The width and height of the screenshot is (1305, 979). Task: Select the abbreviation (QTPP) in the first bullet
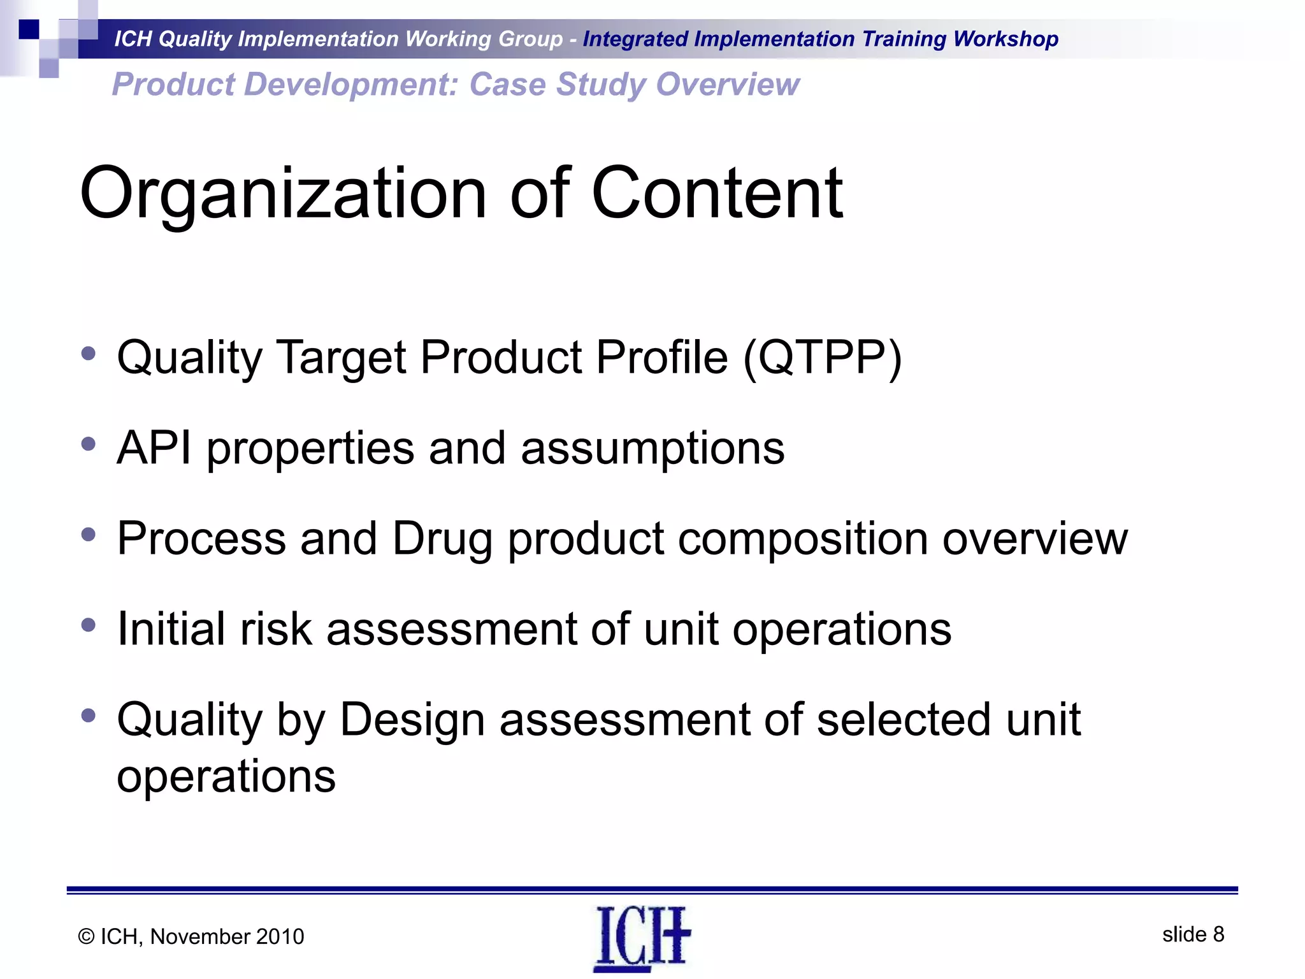[x=823, y=358]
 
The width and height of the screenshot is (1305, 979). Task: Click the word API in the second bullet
[x=154, y=448]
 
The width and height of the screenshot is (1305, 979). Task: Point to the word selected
[x=904, y=720]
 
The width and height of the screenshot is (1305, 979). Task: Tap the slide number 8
[x=1218, y=934]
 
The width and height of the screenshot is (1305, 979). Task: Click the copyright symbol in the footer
[x=87, y=937]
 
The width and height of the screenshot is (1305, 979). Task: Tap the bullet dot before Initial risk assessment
[x=89, y=625]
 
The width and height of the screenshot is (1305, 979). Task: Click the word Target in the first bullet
[x=342, y=358]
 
